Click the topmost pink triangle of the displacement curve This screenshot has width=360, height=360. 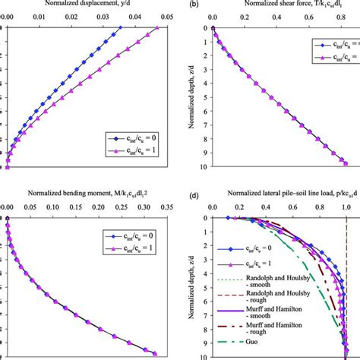point(156,29)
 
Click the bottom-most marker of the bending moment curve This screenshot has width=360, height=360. point(153,352)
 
